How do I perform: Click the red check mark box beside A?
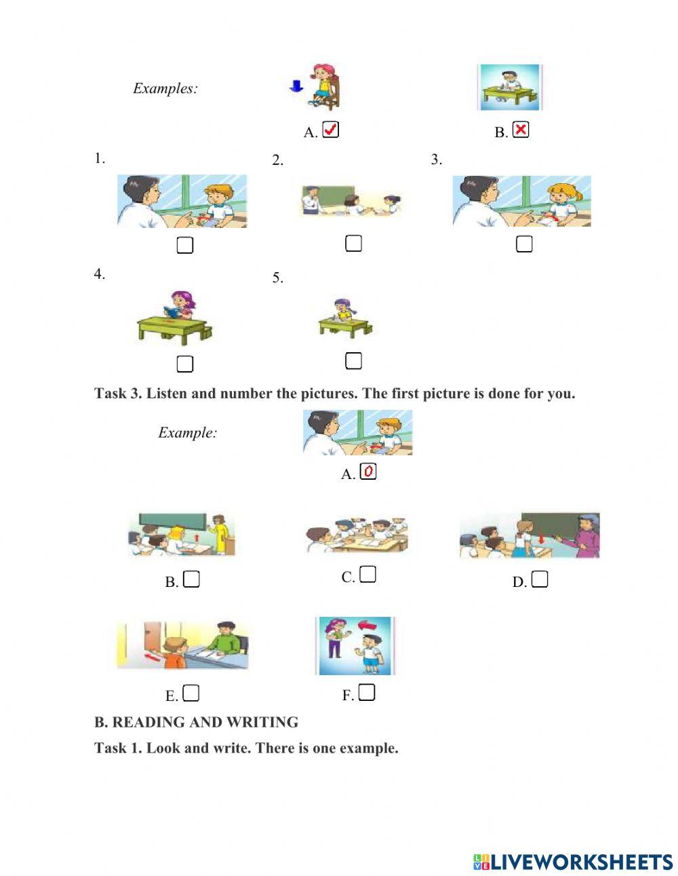[x=330, y=130]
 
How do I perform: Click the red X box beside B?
[x=520, y=130]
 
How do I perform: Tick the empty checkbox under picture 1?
[x=184, y=245]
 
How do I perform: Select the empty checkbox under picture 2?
[x=353, y=243]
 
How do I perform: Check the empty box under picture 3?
[x=524, y=244]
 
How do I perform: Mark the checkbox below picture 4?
[x=184, y=364]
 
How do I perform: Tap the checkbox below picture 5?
[x=353, y=361]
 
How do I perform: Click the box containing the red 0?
[x=368, y=472]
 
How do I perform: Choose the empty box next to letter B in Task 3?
[x=192, y=579]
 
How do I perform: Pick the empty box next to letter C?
[x=367, y=575]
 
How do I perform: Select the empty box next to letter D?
[x=540, y=579]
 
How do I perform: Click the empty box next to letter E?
[x=192, y=693]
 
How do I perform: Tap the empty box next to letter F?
[x=367, y=692]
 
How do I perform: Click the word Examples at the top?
[x=165, y=88]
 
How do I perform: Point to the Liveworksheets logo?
[x=573, y=862]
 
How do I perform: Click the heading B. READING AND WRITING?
[x=196, y=722]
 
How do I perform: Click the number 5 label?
[x=277, y=278]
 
